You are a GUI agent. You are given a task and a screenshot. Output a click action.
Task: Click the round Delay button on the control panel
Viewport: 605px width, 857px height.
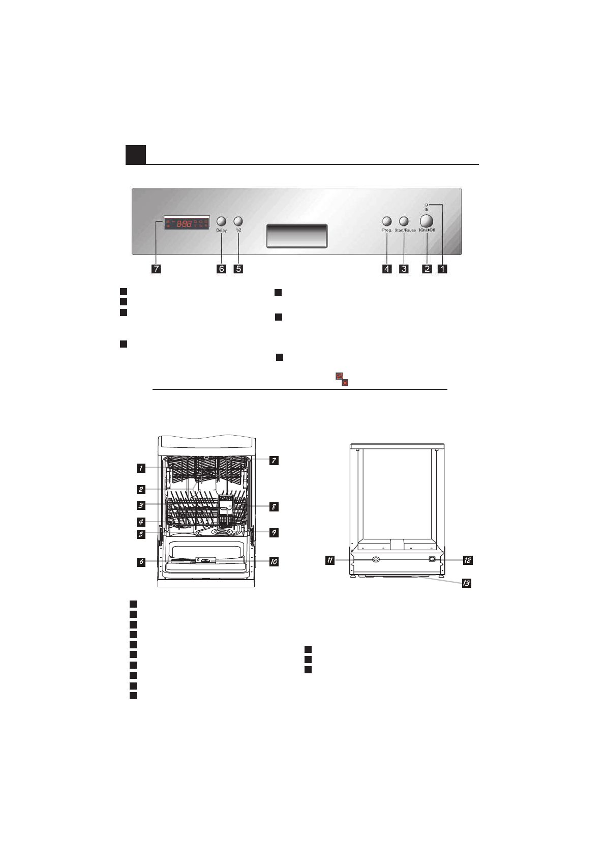coord(221,221)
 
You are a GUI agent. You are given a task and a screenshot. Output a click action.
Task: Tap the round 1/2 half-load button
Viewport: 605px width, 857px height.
coord(238,221)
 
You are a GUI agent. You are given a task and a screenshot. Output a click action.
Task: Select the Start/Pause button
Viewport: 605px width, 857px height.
coord(404,221)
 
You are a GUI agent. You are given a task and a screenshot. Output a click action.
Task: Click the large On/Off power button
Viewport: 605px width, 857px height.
coord(426,221)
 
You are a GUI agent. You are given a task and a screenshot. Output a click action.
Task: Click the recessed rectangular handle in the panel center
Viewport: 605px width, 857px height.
coord(297,236)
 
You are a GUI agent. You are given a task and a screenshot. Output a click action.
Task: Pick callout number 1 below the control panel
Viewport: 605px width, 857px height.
coord(442,269)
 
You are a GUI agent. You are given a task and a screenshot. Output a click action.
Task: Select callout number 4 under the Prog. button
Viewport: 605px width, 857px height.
coord(387,269)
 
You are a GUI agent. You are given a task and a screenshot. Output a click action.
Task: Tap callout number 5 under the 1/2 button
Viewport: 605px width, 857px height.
coord(238,269)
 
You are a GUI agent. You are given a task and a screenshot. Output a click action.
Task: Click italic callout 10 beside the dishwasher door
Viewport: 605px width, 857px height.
coord(274,562)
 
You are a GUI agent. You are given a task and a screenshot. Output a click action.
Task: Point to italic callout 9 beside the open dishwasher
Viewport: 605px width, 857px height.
coord(274,533)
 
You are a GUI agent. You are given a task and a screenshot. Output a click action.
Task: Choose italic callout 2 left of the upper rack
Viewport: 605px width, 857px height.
coord(140,490)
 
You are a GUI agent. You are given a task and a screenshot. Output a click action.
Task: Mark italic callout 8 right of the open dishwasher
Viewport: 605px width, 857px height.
coord(274,507)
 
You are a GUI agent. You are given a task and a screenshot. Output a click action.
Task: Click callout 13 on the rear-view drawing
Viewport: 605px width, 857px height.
coord(466,583)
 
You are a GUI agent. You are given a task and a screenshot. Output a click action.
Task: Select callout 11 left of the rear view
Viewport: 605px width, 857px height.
coord(330,560)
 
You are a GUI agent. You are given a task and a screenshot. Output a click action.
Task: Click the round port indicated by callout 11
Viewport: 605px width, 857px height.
coord(376,559)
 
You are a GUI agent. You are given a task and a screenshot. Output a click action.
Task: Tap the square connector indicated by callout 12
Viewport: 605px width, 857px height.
coord(432,559)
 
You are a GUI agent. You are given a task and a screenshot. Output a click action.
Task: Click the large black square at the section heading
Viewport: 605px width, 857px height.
coord(136,155)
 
